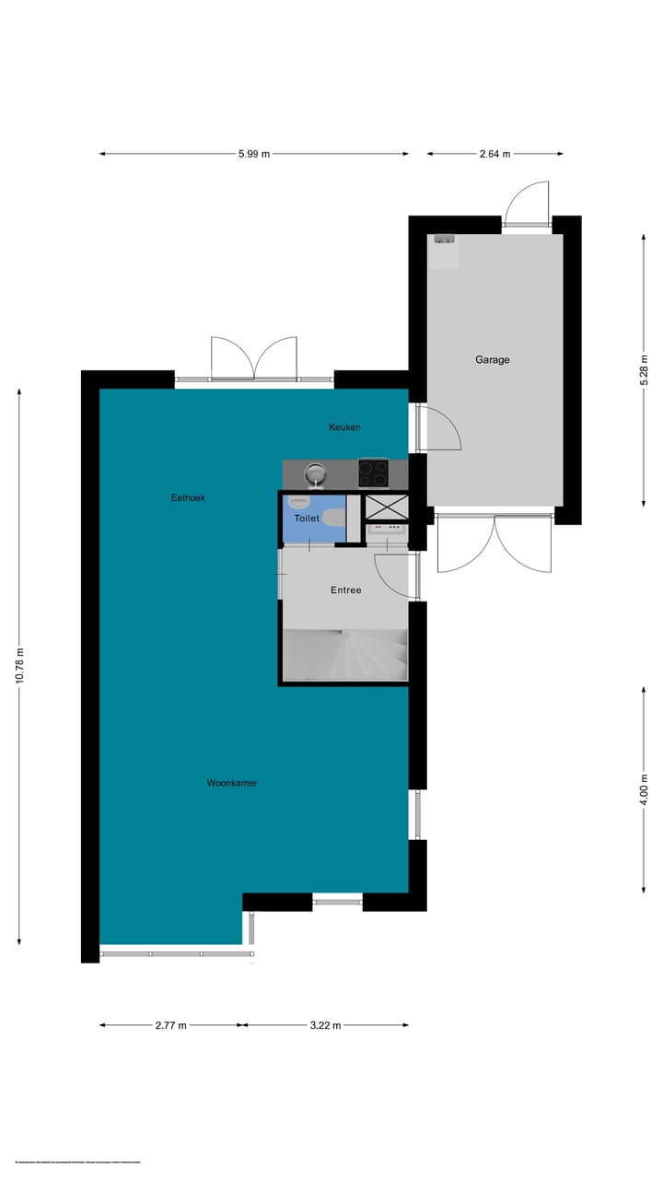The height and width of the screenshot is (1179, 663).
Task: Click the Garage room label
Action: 492,360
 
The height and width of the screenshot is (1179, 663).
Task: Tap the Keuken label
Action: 345,427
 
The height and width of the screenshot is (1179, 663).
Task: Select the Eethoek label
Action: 188,497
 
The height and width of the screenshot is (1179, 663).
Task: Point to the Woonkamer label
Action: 231,783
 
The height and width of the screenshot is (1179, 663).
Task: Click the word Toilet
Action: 307,519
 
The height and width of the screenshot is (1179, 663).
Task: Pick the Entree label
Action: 345,590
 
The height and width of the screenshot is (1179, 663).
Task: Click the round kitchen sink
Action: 316,473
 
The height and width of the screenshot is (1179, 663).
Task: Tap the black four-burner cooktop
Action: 373,473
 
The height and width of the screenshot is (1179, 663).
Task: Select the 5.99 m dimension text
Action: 253,154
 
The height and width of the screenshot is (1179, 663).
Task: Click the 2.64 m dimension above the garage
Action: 494,154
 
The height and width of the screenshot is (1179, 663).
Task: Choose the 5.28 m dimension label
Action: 644,369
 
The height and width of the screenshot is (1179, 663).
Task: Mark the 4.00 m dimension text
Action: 644,789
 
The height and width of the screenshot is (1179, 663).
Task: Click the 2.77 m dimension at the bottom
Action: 171,1025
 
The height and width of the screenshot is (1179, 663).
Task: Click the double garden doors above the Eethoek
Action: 254,358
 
